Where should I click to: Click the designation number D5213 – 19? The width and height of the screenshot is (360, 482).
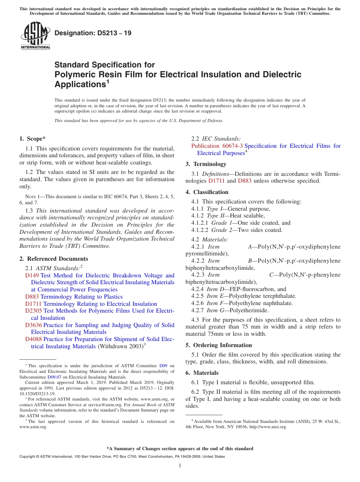(x=93, y=33)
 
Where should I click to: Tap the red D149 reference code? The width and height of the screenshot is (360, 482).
(x=32, y=275)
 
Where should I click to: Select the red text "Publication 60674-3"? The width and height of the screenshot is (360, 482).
(x=217, y=146)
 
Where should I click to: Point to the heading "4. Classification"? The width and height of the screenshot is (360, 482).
(x=207, y=192)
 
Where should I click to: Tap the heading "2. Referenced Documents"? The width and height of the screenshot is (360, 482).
(x=53, y=259)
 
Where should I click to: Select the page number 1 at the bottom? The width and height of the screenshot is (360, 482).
(x=180, y=465)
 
